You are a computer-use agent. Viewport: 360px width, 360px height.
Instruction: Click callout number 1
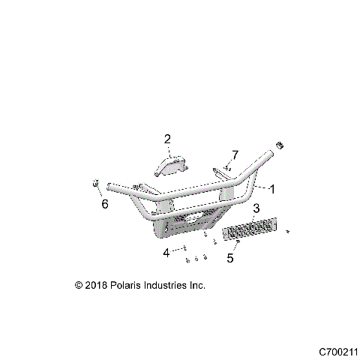click(273, 190)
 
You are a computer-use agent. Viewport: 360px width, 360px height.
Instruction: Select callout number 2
click(167, 139)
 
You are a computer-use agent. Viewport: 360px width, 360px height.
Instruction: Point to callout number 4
click(166, 253)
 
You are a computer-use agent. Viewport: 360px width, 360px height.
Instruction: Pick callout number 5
click(231, 258)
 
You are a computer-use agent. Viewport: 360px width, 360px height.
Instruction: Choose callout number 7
click(235, 154)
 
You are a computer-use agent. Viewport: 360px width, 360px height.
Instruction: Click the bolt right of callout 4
click(183, 249)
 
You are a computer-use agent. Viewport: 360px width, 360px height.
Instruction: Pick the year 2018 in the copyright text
click(95, 286)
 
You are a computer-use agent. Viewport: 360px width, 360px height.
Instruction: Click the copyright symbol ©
click(79, 286)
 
